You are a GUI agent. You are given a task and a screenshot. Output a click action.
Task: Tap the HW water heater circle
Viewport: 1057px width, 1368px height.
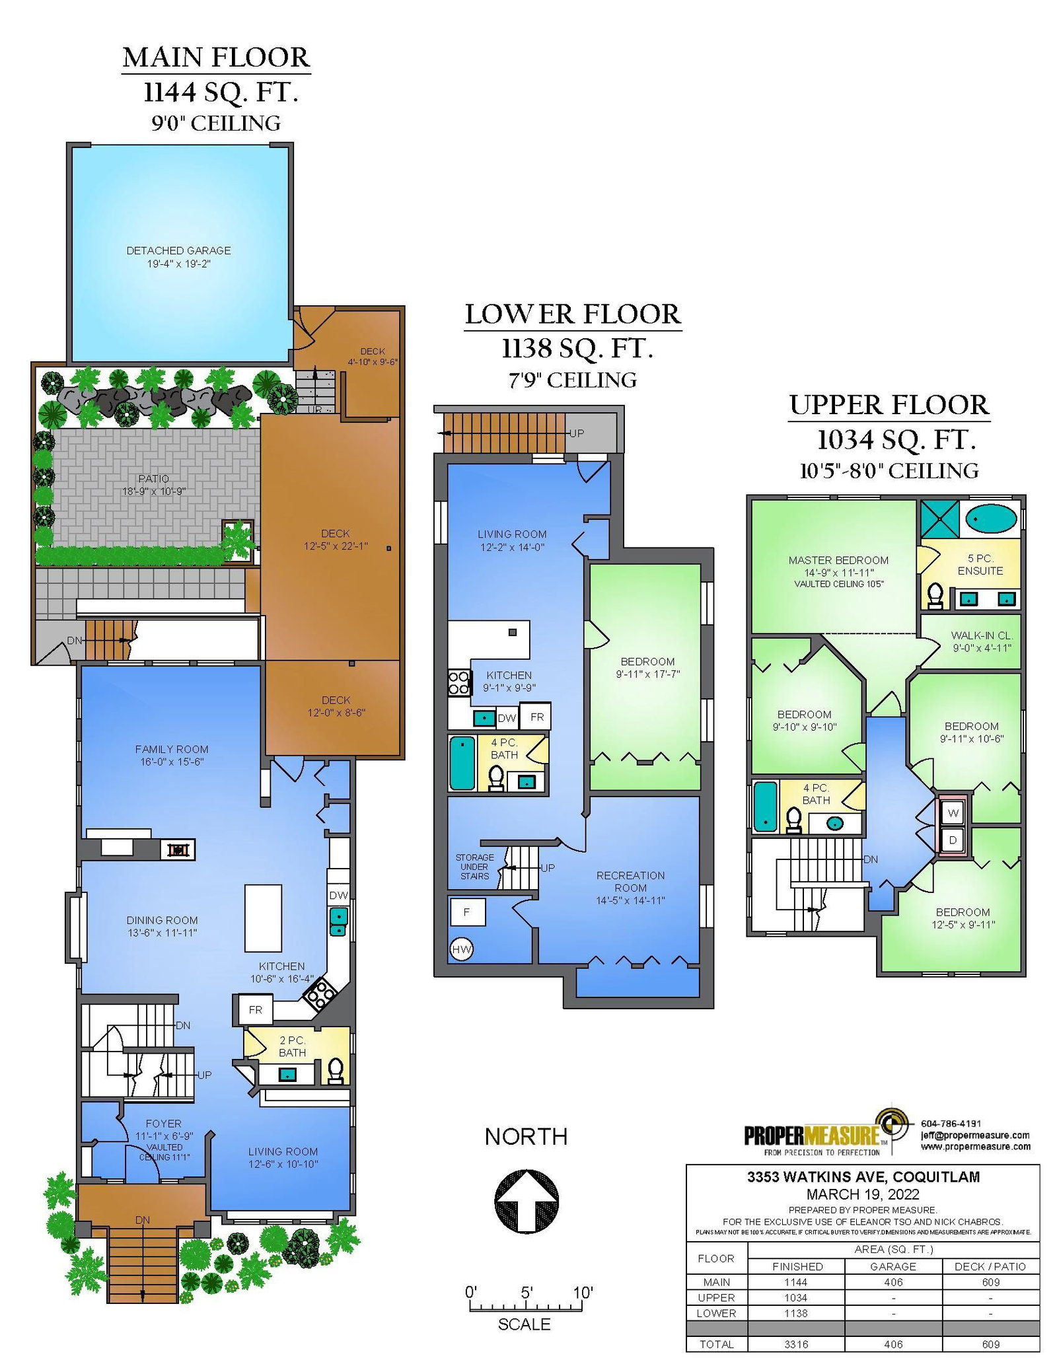tap(461, 950)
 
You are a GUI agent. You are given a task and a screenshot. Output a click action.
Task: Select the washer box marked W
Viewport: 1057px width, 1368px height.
tap(953, 813)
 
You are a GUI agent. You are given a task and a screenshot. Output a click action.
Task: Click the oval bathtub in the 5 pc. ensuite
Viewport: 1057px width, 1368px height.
tap(991, 519)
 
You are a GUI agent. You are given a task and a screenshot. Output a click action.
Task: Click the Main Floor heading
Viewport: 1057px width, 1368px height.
tap(216, 57)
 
